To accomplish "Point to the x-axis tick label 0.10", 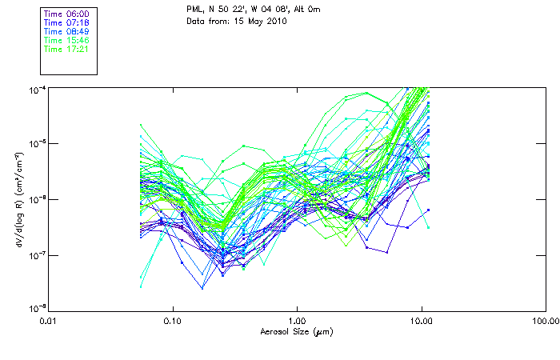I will point(173,322).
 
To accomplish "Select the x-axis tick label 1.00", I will point(297,322).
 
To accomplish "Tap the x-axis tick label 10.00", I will point(422,322).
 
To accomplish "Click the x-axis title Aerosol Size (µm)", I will point(297,331).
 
